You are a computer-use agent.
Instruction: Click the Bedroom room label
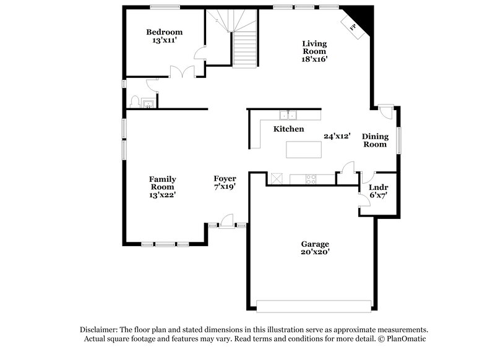164,32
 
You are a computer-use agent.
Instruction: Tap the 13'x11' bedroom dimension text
164,41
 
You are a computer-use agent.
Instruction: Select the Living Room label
314,48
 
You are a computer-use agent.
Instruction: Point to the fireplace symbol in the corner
354,28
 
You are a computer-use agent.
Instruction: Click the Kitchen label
289,129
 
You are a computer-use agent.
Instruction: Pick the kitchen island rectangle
304,149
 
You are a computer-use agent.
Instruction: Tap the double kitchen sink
288,114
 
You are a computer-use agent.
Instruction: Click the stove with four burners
311,179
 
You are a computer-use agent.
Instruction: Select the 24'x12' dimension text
337,136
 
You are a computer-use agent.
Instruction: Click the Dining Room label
374,140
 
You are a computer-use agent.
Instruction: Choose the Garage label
316,244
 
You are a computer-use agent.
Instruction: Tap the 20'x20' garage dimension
316,252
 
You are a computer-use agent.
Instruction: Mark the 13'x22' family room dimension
163,195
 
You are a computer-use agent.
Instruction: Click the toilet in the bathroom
135,101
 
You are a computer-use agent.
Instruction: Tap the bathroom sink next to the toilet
148,102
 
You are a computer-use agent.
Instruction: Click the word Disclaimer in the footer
98,330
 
